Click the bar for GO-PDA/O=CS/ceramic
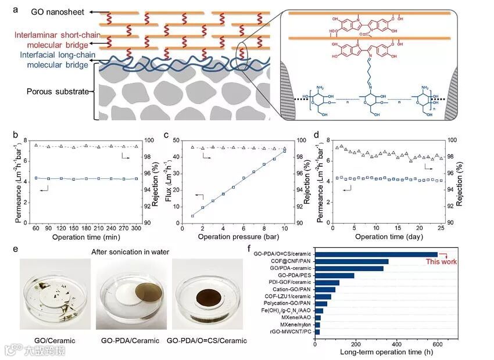click(376, 254)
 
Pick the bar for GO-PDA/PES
click(335, 275)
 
